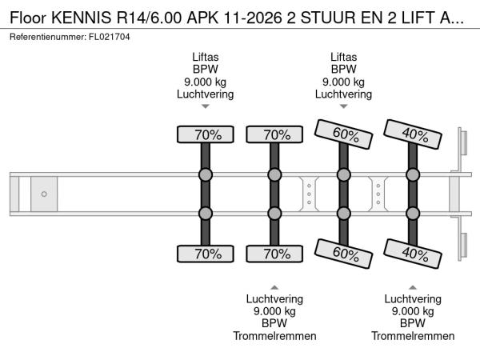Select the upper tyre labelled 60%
pyautogui.click(x=342, y=134)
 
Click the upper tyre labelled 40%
pyautogui.click(x=412, y=134)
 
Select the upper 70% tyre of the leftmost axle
pyautogui.click(x=205, y=134)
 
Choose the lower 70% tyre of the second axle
pyautogui.click(x=274, y=254)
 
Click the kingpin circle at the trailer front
pyautogui.click(x=44, y=194)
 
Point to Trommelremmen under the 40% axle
pyautogui.click(x=412, y=336)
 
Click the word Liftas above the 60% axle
pyautogui.click(x=343, y=57)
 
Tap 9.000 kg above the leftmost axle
pyautogui.click(x=205, y=82)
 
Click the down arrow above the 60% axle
pyautogui.click(x=343, y=106)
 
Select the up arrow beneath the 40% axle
pyautogui.click(x=412, y=286)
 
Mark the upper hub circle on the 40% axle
pyautogui.click(x=412, y=175)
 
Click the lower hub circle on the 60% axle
pyautogui.click(x=343, y=213)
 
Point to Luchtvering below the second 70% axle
pyautogui.click(x=274, y=300)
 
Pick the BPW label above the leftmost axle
pyautogui.click(x=205, y=69)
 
